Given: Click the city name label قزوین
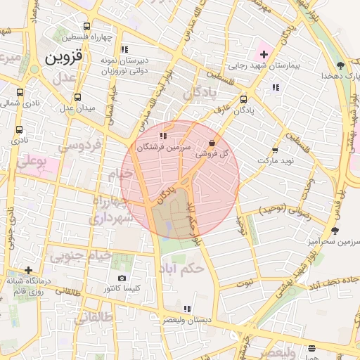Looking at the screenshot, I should click(64, 58).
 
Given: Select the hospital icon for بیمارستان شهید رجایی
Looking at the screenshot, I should click(264, 54).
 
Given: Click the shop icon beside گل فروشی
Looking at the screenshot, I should click(212, 143).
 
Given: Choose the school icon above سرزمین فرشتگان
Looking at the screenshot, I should click(163, 136).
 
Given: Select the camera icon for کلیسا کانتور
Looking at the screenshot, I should click(122, 278).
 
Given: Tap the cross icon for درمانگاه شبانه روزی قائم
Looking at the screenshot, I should click(28, 270).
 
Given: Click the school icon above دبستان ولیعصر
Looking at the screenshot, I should click(186, 309).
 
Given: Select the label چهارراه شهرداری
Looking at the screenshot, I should click(108, 210).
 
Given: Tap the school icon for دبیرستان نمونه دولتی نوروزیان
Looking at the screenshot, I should click(124, 49).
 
